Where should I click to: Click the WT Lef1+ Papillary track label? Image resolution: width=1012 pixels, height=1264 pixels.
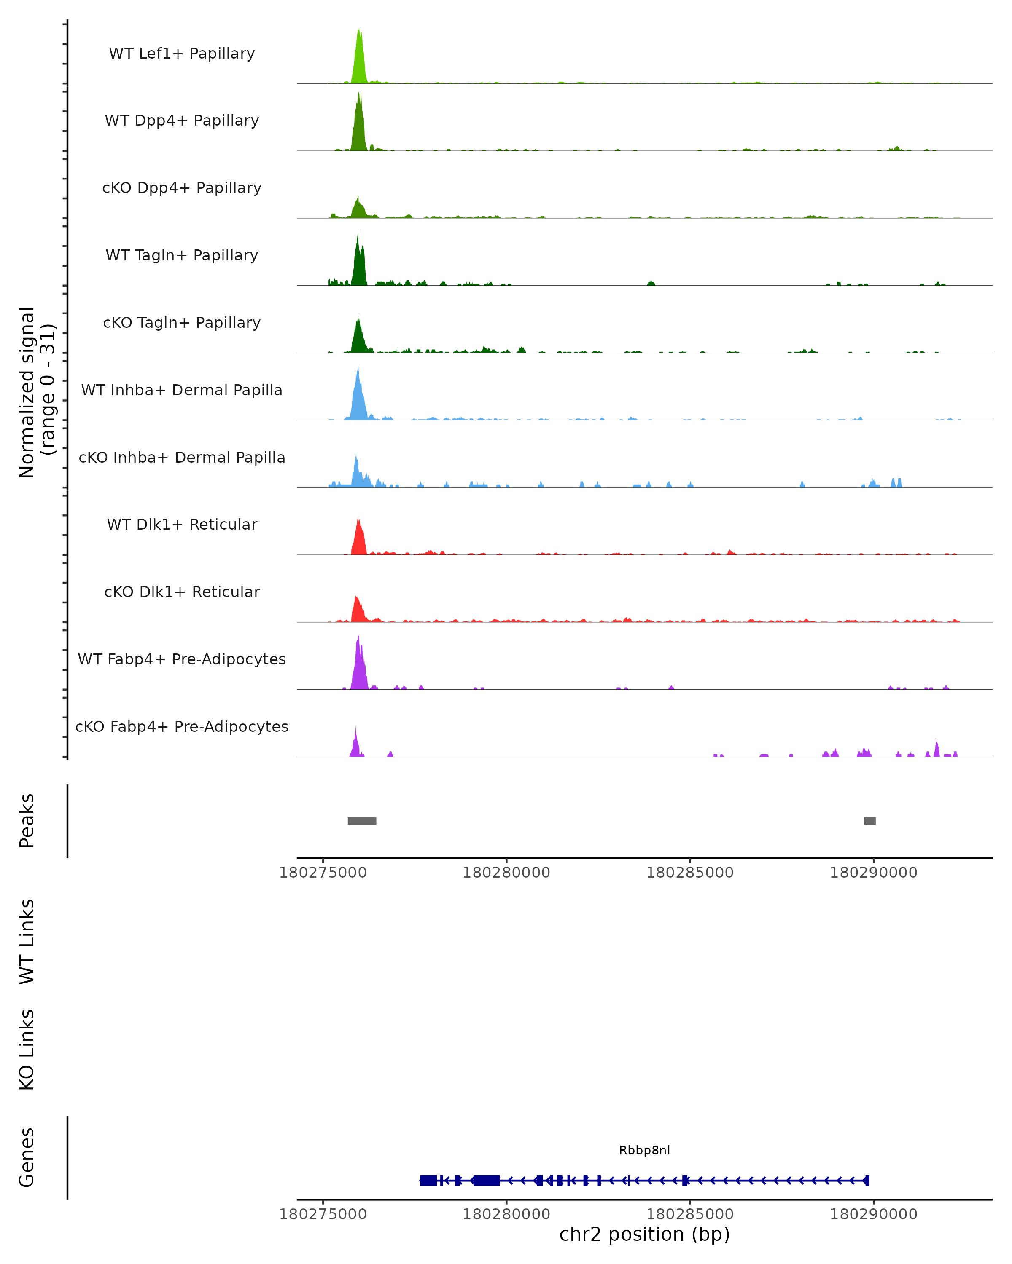tap(182, 54)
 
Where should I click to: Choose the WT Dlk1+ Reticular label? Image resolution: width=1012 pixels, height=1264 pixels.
tap(182, 524)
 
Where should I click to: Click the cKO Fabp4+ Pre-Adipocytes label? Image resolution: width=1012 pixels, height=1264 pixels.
tap(182, 726)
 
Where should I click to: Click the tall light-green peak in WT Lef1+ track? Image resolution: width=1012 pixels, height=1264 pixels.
tap(359, 59)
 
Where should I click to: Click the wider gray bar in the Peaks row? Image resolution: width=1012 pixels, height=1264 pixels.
tap(362, 821)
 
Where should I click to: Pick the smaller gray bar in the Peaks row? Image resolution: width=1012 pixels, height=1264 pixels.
tap(869, 821)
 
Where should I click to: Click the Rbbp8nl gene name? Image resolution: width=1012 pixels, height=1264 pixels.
tap(644, 1150)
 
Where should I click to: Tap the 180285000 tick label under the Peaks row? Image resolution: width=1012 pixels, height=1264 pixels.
tap(690, 873)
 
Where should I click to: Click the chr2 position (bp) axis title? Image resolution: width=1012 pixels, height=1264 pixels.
tap(644, 1235)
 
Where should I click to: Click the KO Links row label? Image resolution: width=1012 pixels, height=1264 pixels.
tap(27, 1050)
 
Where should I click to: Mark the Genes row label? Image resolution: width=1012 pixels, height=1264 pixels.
tap(27, 1157)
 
